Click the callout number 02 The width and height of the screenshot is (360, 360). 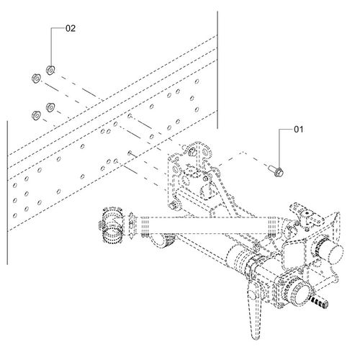(x=70, y=30)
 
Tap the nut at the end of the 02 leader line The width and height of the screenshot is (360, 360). (x=50, y=69)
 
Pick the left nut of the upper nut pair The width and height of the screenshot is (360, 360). (x=34, y=77)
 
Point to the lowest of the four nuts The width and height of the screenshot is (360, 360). (x=34, y=114)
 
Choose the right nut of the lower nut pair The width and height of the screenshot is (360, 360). (x=50, y=107)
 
